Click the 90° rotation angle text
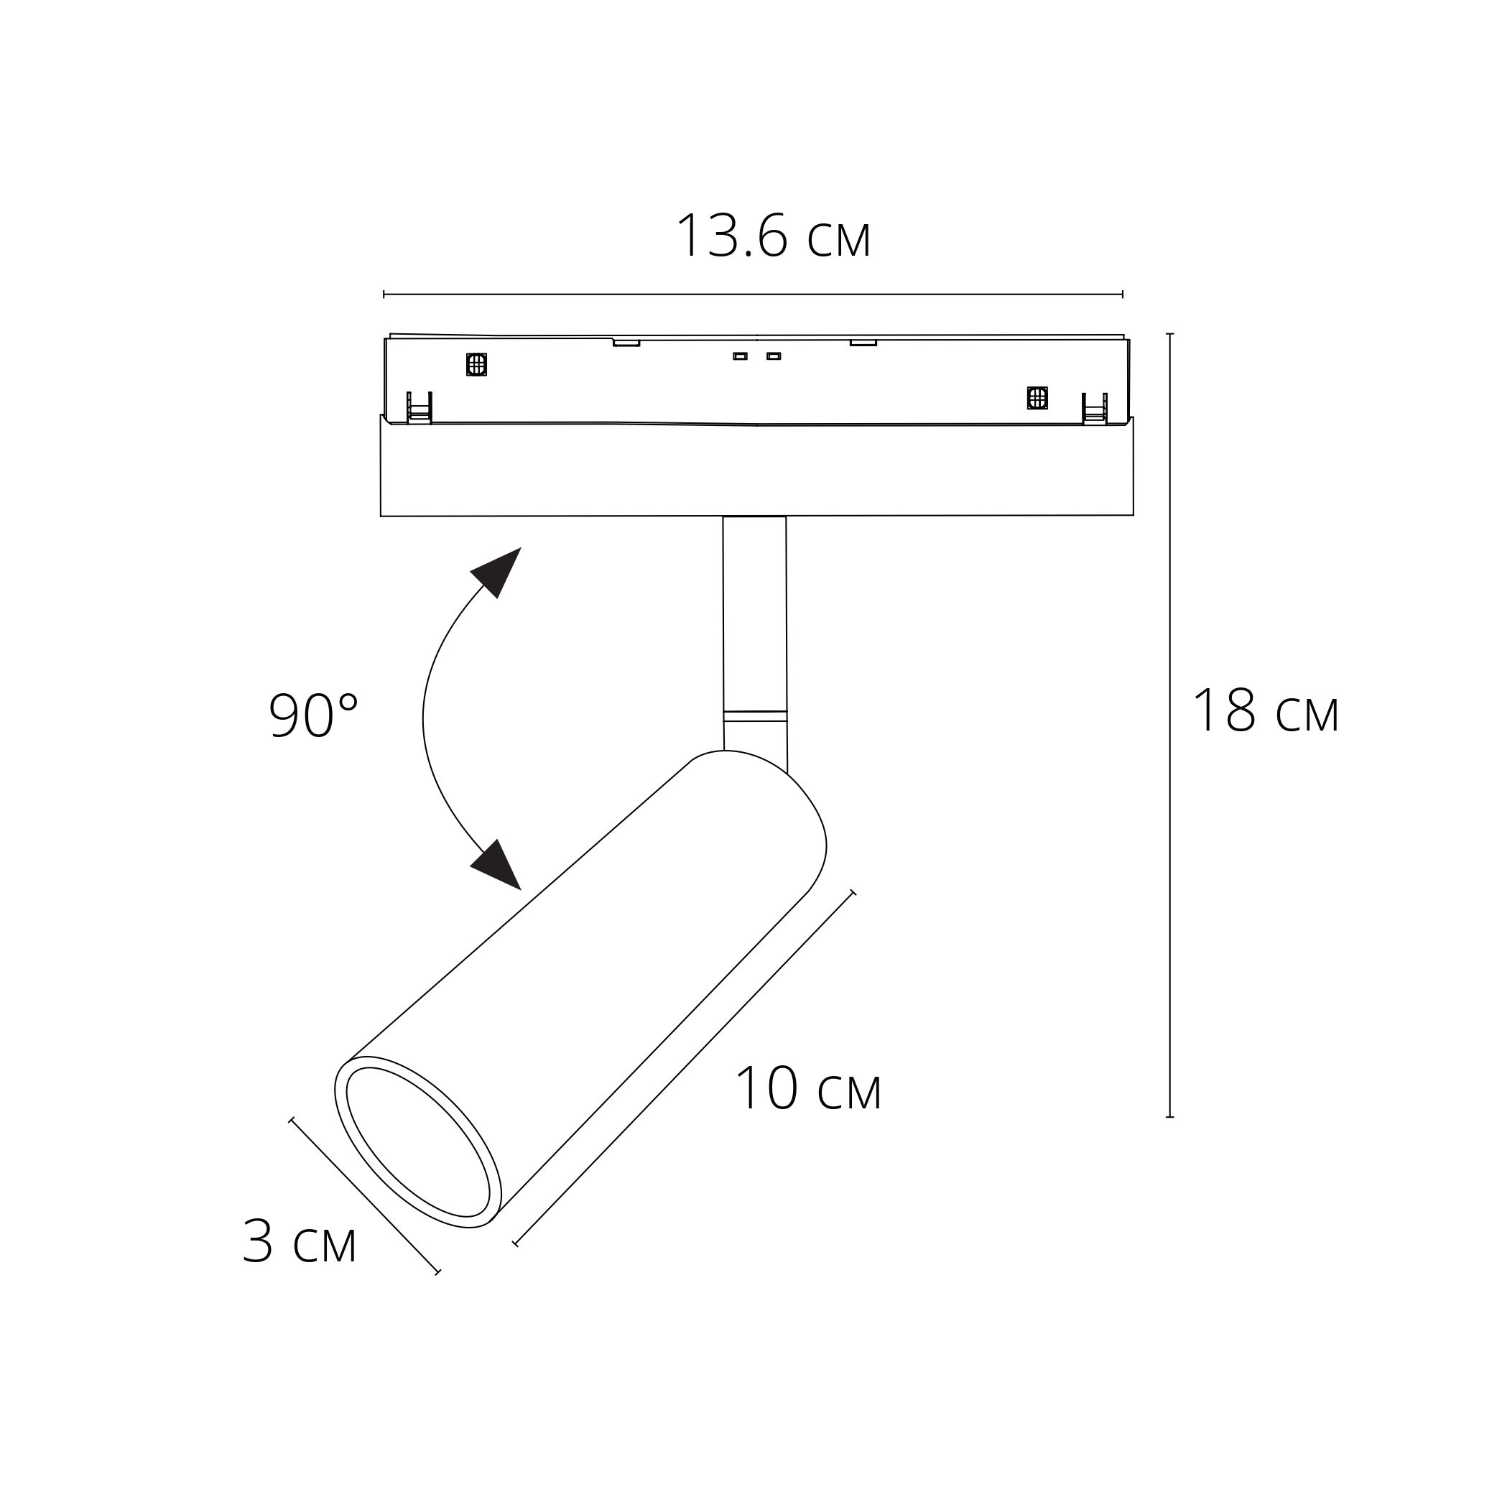click(x=313, y=715)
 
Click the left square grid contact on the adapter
click(x=476, y=364)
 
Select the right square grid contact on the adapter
click(x=1037, y=397)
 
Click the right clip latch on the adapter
click(x=1094, y=409)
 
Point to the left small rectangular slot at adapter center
click(x=740, y=356)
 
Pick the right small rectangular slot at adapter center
click(x=774, y=356)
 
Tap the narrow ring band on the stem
click(x=755, y=716)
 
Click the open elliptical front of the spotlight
click(x=417, y=1141)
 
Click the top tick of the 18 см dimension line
click(x=1169, y=334)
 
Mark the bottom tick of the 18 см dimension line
click(x=1169, y=1116)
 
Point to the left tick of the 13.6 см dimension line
click(x=384, y=295)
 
